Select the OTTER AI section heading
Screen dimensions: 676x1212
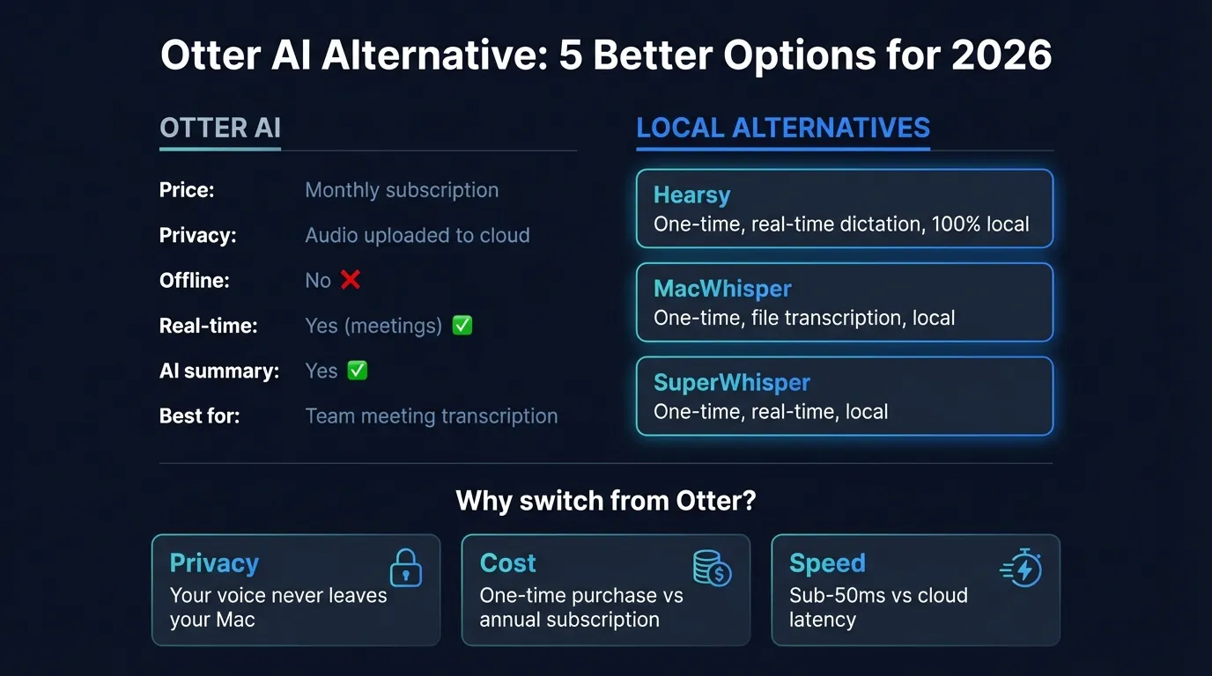point(220,128)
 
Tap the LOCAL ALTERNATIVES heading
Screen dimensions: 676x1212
point(783,128)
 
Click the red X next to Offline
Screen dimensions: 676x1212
point(351,280)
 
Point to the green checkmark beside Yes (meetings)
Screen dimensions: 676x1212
point(462,326)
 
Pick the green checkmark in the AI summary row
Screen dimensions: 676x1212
point(357,371)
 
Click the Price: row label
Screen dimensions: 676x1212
point(187,190)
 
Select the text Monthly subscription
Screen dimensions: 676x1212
point(402,190)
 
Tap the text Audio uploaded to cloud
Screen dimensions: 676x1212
point(418,235)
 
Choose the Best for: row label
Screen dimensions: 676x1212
point(199,415)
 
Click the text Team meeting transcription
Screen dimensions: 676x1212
point(432,415)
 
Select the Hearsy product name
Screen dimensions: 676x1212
point(691,195)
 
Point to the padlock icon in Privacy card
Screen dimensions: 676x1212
point(406,569)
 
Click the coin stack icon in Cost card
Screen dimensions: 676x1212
point(712,568)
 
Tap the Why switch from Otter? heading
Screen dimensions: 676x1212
point(606,502)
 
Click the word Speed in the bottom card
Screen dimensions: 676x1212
point(827,563)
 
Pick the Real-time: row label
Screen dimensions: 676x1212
point(208,326)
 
